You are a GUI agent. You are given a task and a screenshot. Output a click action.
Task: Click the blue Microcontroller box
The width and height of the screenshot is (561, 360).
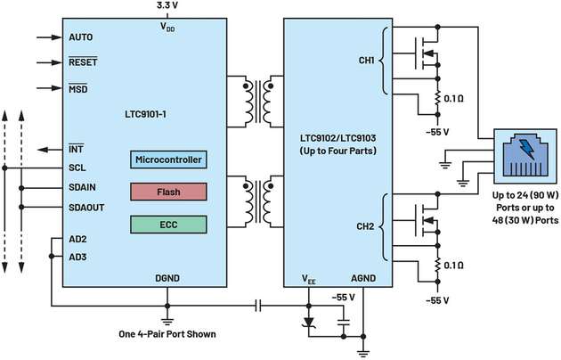[x=169, y=160]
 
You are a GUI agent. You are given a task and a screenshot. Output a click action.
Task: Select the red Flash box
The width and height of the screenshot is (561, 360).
[x=169, y=191]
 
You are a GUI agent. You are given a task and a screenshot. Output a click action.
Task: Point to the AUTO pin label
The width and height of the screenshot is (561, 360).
[x=81, y=38]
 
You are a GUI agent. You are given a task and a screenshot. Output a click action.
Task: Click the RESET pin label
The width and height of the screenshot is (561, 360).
[x=83, y=63]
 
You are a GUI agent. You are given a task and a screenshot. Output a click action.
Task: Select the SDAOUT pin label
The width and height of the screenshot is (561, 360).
[x=86, y=207]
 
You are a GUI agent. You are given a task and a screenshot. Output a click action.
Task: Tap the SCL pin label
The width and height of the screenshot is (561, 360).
[x=77, y=168]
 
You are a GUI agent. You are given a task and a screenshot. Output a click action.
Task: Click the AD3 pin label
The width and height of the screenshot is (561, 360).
[x=77, y=257]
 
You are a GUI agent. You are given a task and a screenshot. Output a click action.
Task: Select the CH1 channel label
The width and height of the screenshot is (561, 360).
[x=362, y=61]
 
